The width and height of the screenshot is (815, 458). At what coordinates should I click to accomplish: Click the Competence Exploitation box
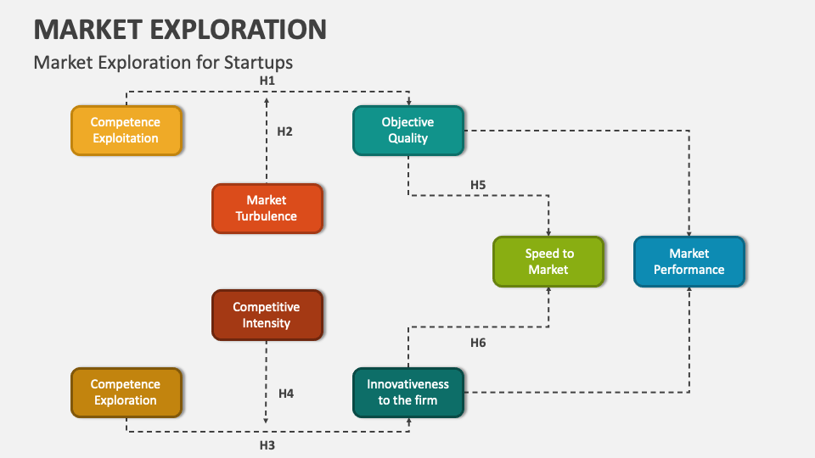126,131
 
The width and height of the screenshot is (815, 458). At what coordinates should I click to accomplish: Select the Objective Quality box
408,131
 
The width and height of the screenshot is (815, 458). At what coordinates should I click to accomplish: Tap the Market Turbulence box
267,209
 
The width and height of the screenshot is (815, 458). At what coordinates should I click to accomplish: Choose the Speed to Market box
548,261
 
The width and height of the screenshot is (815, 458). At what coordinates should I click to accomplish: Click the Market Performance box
689,261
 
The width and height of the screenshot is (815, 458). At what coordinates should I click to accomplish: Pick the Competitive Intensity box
267,315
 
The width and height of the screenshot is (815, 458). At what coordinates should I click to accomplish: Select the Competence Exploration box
126,393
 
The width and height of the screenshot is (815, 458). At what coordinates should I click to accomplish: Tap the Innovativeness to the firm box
408,393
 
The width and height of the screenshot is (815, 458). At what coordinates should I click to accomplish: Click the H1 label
267,80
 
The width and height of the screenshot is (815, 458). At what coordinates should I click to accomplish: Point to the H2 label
284,131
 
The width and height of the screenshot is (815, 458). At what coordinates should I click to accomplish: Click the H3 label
267,444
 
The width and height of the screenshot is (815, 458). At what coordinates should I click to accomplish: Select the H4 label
286,394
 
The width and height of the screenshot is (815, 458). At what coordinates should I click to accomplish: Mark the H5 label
478,184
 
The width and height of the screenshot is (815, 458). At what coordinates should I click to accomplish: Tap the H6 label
478,343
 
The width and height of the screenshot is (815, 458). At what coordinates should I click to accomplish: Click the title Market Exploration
180,29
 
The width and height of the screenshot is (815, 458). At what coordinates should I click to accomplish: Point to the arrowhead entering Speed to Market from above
548,232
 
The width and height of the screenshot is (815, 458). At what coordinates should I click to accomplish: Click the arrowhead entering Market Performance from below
689,290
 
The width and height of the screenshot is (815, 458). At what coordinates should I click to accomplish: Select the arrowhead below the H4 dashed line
267,420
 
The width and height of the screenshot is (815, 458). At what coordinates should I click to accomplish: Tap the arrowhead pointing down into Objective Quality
408,102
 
